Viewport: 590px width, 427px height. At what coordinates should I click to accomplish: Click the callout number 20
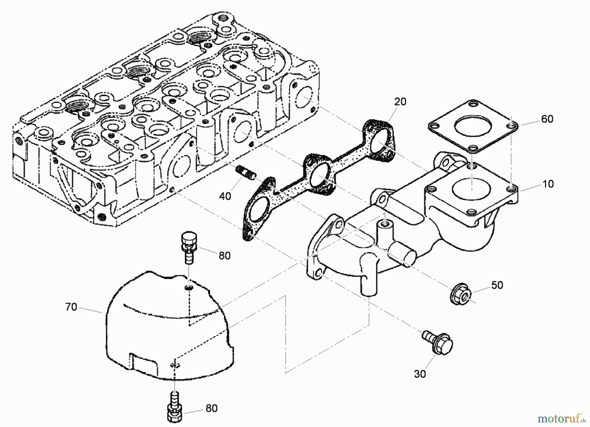point(400,102)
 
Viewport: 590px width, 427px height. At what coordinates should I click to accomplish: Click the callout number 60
point(547,119)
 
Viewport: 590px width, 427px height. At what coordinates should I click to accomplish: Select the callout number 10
point(548,184)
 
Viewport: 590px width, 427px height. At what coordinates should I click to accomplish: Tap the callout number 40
point(225,196)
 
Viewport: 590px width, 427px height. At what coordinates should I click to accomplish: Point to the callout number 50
point(497,285)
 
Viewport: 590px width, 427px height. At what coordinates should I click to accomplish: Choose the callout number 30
point(420,374)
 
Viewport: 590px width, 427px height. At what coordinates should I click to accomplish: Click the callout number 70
point(71,307)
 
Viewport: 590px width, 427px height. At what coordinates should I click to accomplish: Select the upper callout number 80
point(225,255)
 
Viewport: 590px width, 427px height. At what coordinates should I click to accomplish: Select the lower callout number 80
point(211,408)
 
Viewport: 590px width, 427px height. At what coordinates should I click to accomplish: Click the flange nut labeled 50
point(460,293)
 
